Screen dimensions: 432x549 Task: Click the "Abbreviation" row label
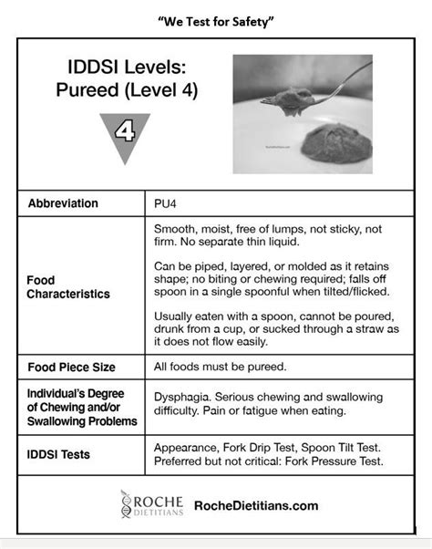(76, 203)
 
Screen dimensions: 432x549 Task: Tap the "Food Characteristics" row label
(68, 287)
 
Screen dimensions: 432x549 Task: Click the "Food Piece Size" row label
(72, 368)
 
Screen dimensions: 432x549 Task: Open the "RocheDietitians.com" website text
(256, 505)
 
